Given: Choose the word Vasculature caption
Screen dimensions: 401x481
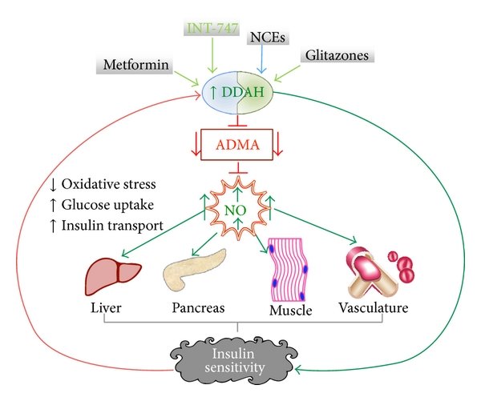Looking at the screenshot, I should [370, 308].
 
